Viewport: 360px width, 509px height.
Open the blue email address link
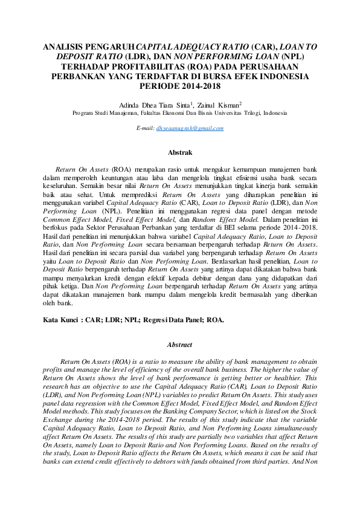[190, 128]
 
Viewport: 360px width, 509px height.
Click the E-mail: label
[146, 128]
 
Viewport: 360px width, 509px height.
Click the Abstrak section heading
[179, 154]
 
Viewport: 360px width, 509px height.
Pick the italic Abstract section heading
[179, 345]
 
